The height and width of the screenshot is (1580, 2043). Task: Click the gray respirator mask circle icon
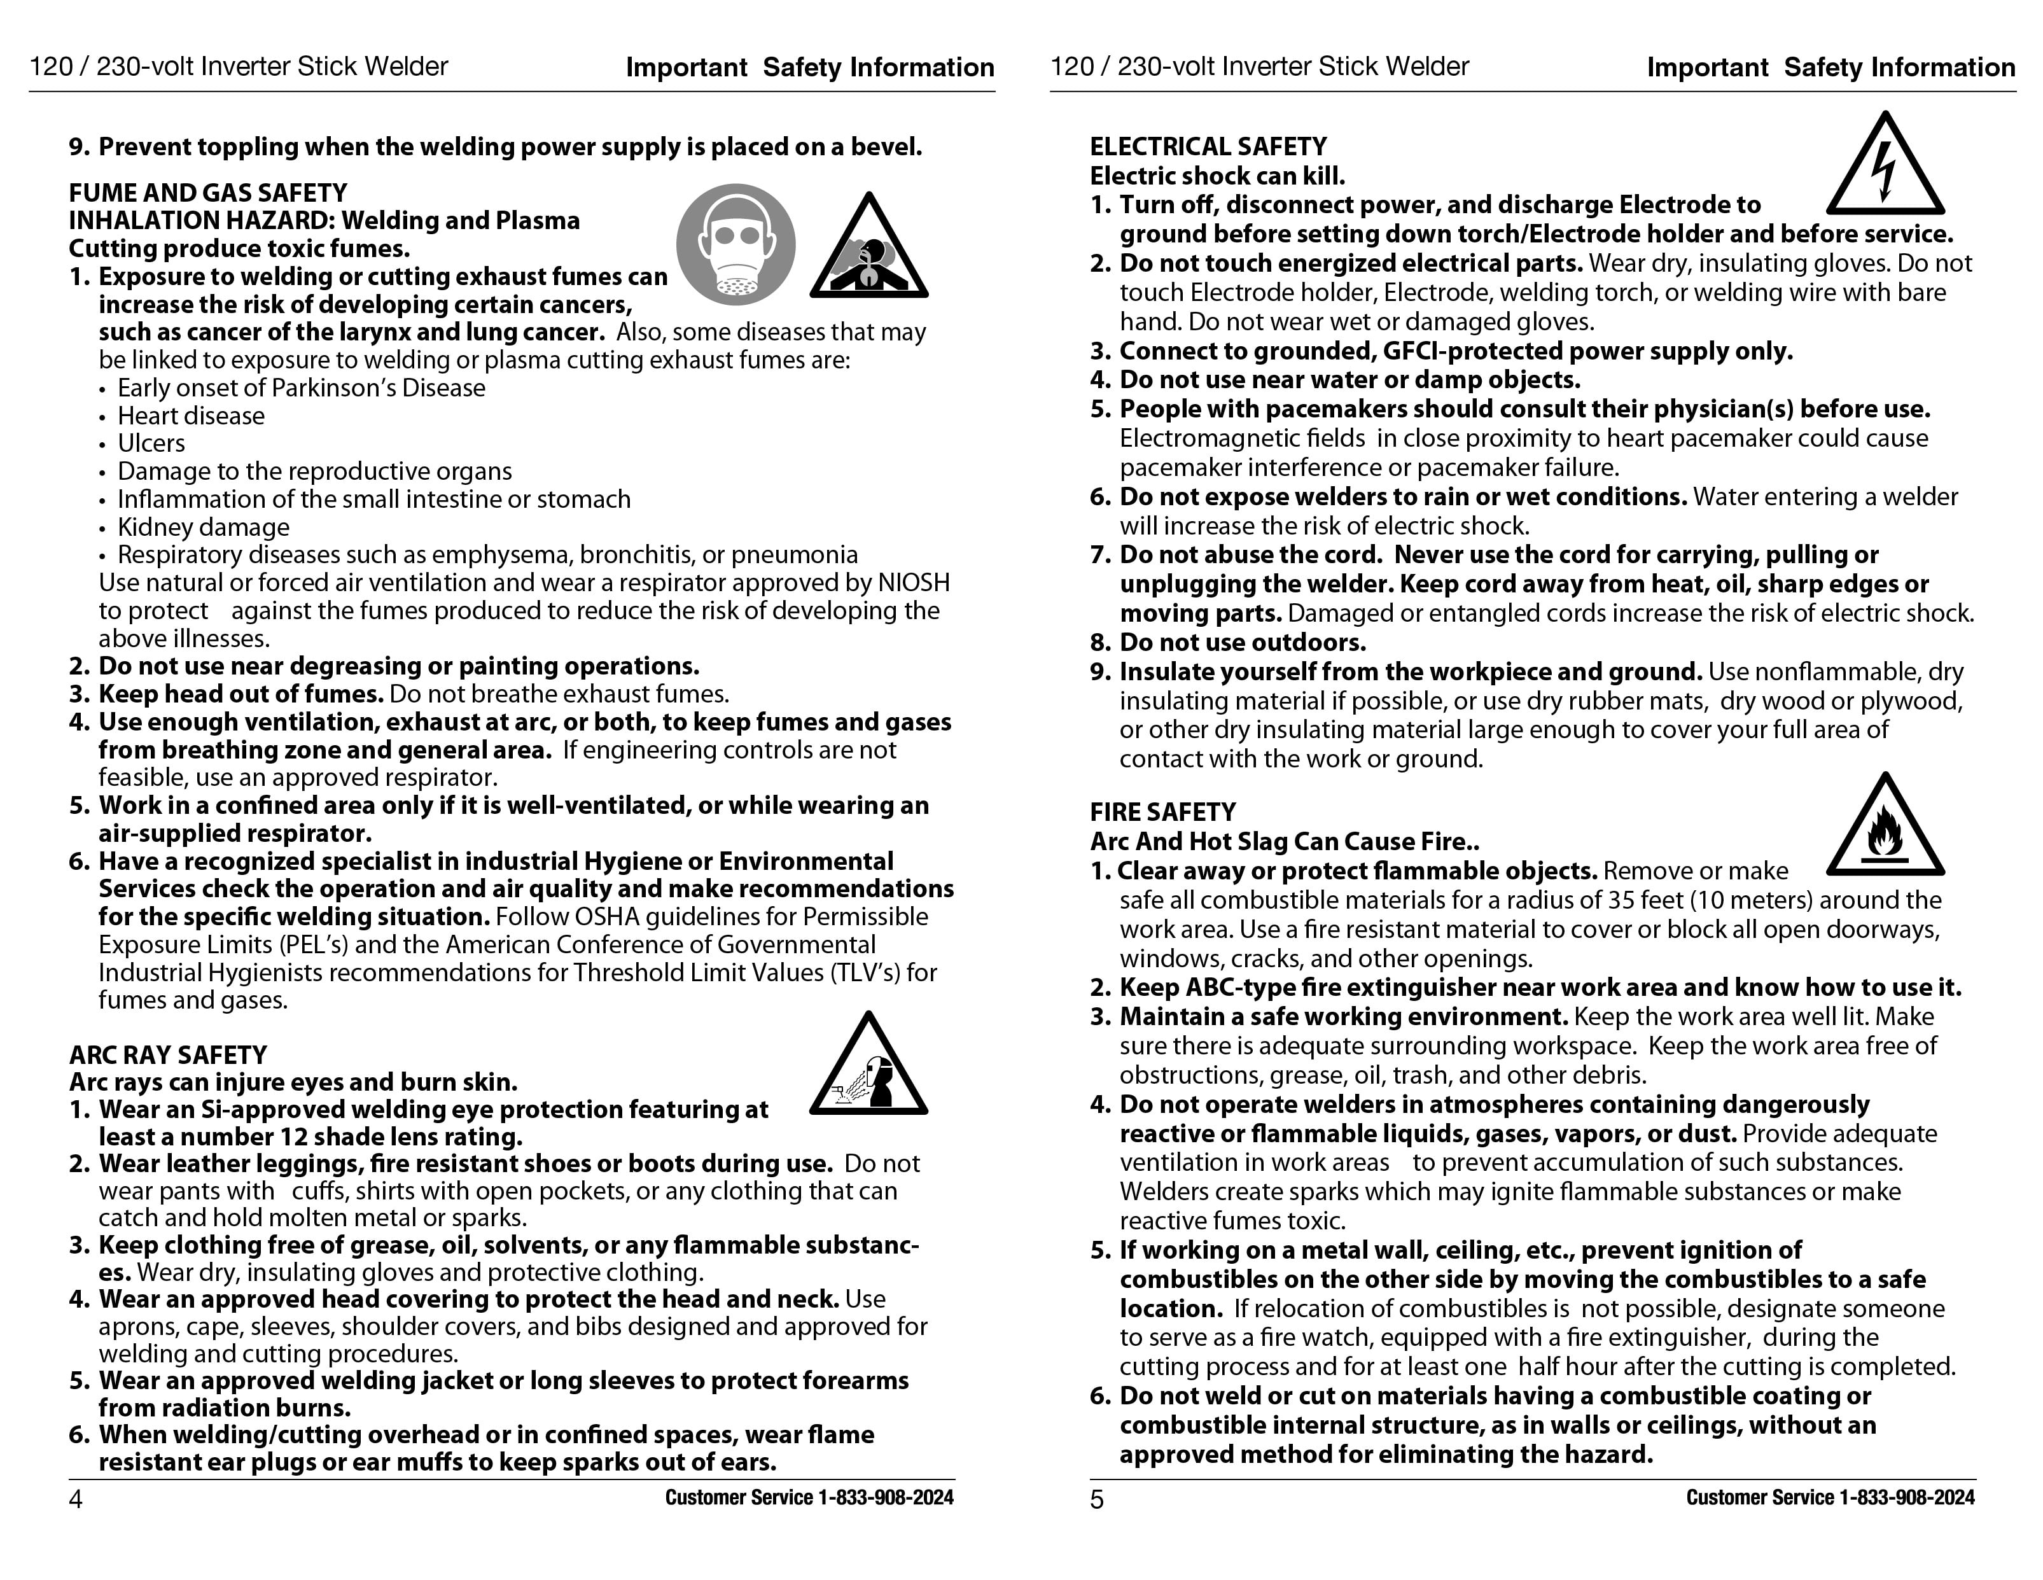(x=736, y=244)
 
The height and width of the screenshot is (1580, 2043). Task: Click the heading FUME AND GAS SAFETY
(x=207, y=193)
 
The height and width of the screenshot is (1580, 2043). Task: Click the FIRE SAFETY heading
(x=1163, y=812)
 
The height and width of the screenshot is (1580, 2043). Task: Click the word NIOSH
(x=913, y=583)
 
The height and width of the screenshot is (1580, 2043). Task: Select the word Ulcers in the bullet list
(x=151, y=444)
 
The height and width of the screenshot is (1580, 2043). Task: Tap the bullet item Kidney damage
(x=203, y=528)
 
